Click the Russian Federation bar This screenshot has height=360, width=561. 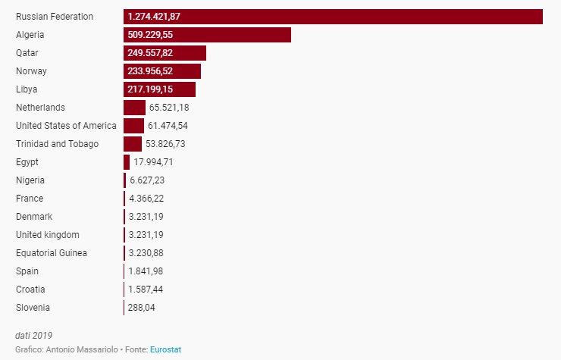click(x=333, y=17)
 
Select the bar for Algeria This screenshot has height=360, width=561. click(x=207, y=35)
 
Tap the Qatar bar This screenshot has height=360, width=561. click(x=165, y=53)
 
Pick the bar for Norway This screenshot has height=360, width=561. click(x=162, y=71)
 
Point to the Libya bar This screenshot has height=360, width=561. click(x=159, y=89)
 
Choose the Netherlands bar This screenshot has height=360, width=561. click(x=134, y=108)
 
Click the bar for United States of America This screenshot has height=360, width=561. click(x=133, y=126)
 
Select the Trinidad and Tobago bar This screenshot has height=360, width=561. click(x=133, y=144)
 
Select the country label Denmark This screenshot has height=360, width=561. click(x=34, y=217)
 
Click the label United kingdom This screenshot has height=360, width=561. click(x=48, y=235)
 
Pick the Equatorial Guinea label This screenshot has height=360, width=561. click(x=52, y=253)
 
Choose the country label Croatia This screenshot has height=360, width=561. click(x=30, y=290)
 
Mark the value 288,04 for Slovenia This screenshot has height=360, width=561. click(x=142, y=308)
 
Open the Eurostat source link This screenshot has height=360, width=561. click(x=166, y=349)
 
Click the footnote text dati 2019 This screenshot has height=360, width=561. click(x=34, y=335)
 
